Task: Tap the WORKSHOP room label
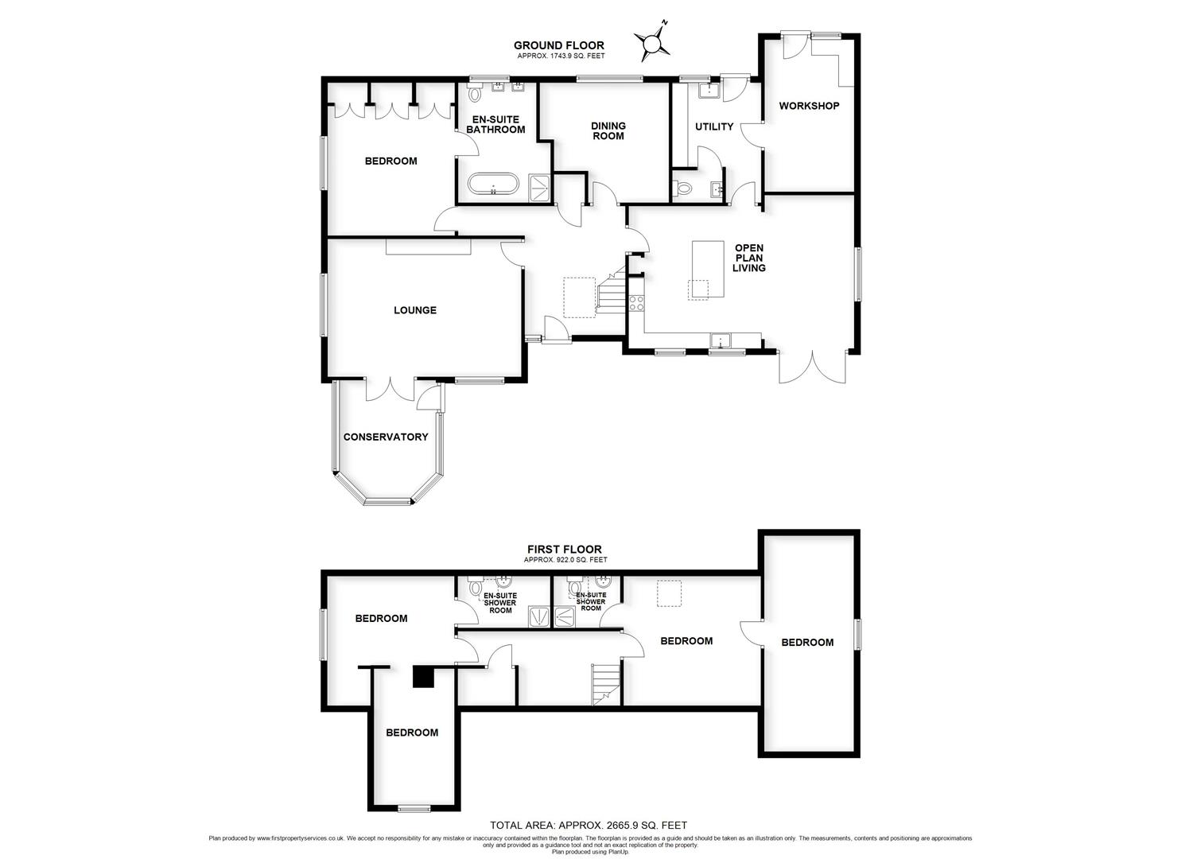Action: (x=809, y=106)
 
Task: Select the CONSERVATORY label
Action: (x=386, y=437)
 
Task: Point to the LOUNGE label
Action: (x=415, y=310)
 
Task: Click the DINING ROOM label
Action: (x=608, y=130)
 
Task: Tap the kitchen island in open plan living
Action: (x=707, y=270)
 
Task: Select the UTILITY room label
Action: (x=714, y=126)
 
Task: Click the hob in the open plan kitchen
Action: (x=636, y=302)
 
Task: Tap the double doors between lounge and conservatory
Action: (x=390, y=390)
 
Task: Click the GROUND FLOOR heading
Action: (x=558, y=45)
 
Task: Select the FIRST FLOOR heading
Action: (x=565, y=549)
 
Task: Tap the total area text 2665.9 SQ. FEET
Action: (x=589, y=826)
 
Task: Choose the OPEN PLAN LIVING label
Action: (x=749, y=258)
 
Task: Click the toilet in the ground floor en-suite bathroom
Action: (x=476, y=95)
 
